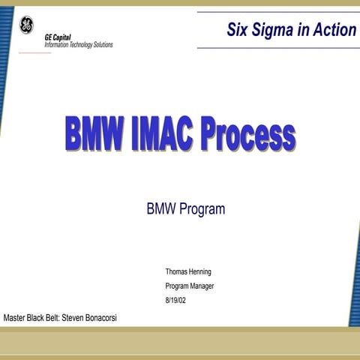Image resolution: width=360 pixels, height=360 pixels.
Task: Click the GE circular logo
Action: point(26,26)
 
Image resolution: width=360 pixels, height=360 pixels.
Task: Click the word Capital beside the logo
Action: point(63,37)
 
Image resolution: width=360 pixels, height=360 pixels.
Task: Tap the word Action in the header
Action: point(335,30)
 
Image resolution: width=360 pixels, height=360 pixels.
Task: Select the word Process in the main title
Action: point(247,136)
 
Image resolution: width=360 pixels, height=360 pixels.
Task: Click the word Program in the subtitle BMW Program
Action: point(200,209)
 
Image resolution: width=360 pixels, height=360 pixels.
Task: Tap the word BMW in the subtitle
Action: point(160,209)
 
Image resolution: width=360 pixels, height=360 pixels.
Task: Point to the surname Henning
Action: point(208,271)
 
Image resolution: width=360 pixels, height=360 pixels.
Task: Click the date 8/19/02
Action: point(175,300)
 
